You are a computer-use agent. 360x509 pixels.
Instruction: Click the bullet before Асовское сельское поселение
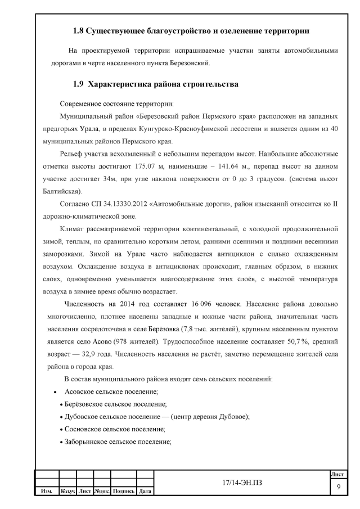(55, 391)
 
